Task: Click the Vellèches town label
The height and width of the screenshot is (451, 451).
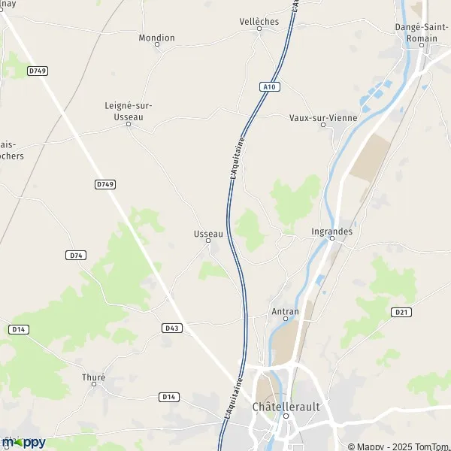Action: tap(259, 22)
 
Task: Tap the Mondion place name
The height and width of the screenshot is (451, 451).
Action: tap(157, 38)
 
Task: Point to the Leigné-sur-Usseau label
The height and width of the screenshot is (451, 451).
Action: tap(129, 111)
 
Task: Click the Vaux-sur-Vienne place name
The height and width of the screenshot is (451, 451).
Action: tap(323, 118)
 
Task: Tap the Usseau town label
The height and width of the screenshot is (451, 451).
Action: tap(208, 234)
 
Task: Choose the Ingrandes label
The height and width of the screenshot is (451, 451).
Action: tap(331, 232)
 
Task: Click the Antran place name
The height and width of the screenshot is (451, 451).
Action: tap(285, 311)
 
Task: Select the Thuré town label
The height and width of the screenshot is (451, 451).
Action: tap(93, 377)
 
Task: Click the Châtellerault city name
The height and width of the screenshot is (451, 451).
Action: tap(286, 406)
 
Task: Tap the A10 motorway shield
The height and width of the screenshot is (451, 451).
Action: tap(270, 87)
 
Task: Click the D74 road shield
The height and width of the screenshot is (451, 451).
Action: tap(76, 256)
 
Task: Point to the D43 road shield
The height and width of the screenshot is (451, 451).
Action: tap(172, 328)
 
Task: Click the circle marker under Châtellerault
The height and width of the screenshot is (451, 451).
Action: tap(286, 415)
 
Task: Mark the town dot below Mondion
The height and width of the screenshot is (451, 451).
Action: tap(157, 45)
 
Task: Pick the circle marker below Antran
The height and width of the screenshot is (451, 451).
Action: tap(285, 319)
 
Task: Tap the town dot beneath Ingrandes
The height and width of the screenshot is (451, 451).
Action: tap(331, 238)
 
